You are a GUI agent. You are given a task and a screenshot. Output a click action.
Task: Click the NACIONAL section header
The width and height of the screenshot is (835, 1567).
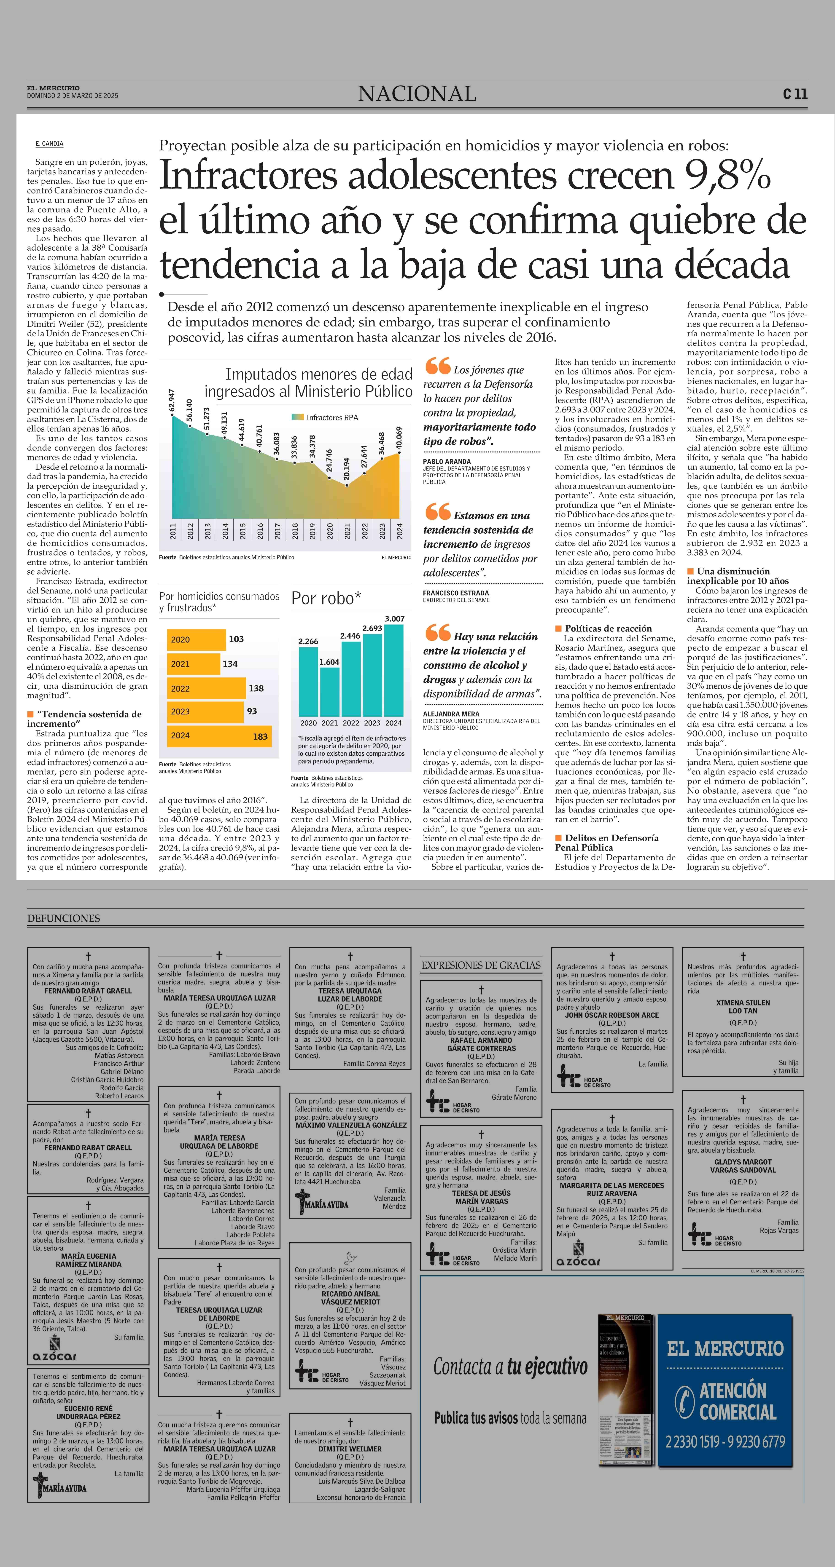click(x=417, y=94)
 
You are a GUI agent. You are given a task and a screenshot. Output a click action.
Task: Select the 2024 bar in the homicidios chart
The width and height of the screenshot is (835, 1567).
click(x=219, y=735)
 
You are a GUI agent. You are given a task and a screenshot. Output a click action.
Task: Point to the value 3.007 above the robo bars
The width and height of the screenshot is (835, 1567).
click(x=394, y=619)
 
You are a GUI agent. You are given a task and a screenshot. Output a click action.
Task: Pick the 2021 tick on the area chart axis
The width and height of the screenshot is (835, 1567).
click(x=347, y=531)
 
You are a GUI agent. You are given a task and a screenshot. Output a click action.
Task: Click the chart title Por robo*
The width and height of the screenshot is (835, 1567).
click(x=326, y=599)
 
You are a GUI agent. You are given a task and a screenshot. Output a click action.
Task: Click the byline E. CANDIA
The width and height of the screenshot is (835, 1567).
click(x=49, y=144)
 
